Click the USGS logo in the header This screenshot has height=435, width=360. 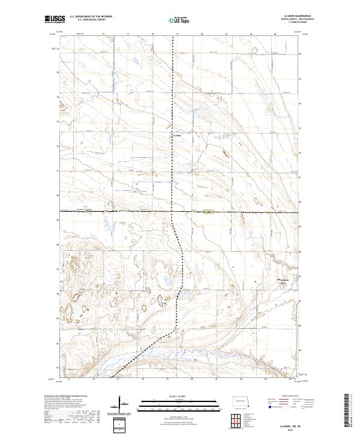tap(53, 20)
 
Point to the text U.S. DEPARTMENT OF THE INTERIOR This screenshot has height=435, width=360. tap(86, 17)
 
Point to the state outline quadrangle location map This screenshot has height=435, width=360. tap(242, 401)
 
